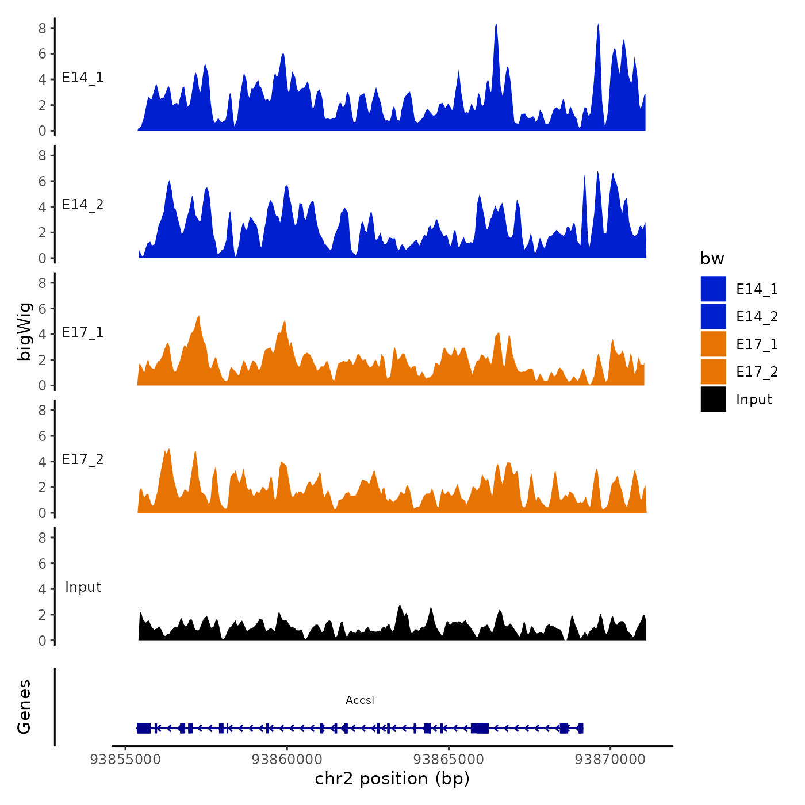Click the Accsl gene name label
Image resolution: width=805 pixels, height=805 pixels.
[360, 700]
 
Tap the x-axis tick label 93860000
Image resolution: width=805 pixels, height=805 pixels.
[287, 760]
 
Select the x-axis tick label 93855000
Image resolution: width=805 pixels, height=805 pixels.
[125, 760]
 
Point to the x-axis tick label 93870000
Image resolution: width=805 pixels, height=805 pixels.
[610, 760]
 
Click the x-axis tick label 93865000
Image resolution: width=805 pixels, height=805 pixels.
[448, 760]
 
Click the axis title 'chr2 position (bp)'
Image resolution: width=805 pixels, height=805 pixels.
[392, 779]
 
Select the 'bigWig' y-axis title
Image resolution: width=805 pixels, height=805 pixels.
[24, 331]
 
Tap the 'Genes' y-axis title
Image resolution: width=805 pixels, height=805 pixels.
[24, 707]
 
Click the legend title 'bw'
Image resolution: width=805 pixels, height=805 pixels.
[712, 259]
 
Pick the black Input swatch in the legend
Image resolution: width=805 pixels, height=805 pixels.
[713, 399]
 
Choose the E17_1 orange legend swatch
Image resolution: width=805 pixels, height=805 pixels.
[713, 344]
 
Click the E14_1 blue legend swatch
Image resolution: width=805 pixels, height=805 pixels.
[713, 289]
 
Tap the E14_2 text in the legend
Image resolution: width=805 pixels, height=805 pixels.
[757, 317]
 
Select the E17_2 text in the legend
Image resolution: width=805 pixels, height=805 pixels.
[757, 372]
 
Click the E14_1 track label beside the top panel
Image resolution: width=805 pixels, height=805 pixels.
[83, 78]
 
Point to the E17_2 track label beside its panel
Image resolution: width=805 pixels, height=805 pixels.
[83, 459]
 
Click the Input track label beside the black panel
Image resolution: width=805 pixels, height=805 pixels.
[83, 587]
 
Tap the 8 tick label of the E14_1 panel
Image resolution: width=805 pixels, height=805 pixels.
[43, 28]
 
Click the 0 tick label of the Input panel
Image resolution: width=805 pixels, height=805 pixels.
[43, 641]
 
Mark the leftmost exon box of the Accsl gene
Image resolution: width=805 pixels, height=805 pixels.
[143, 728]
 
